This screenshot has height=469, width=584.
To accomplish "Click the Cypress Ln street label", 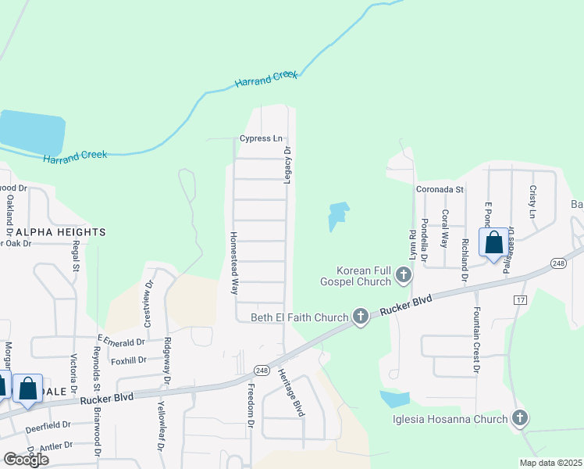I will point(261,139).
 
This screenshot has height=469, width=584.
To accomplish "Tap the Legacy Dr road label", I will point(287,165).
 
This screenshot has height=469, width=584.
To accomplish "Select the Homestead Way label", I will point(233,262).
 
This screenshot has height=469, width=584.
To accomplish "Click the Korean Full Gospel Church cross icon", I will point(403,274).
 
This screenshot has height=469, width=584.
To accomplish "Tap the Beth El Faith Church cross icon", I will point(360,317).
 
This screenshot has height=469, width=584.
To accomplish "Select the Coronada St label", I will point(440,189).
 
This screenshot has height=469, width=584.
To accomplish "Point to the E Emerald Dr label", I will point(121,341).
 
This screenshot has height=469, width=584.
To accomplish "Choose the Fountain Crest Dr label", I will point(475,338).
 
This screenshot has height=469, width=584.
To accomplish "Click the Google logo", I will point(26,460).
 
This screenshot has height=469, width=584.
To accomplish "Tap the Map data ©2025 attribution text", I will point(550,463).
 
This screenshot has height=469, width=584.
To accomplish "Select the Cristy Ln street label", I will point(533,202).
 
